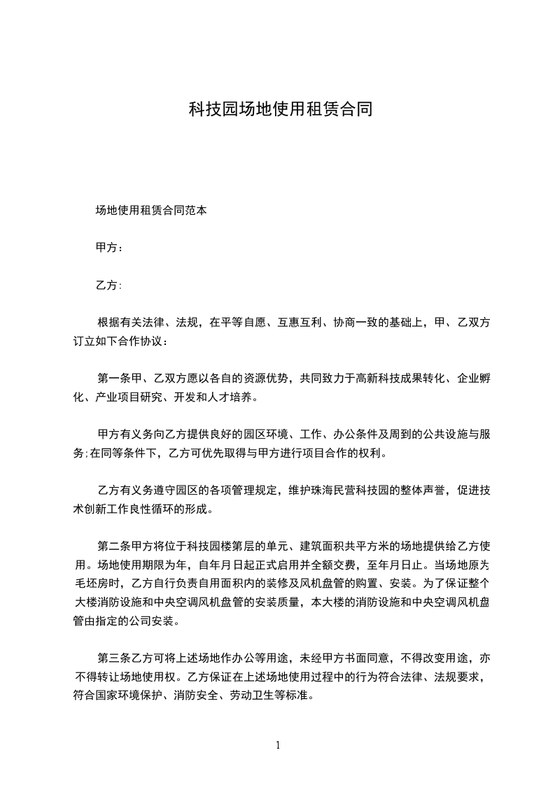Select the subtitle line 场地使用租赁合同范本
click(150, 209)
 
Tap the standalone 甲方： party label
click(110, 247)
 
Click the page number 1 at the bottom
click(278, 745)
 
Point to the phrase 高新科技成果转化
click(399, 379)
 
